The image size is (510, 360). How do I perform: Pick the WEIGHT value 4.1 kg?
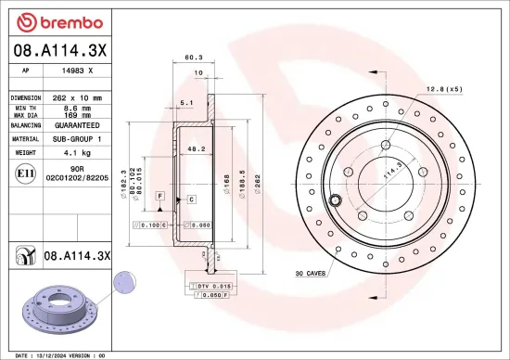coord(78,151)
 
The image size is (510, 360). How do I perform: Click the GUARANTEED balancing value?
coord(78,123)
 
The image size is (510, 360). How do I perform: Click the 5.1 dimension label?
coord(185,103)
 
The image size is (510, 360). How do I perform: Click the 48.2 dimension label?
coord(196,148)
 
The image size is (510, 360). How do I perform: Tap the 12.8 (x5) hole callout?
coord(444,89)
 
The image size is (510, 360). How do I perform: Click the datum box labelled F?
coord(160,198)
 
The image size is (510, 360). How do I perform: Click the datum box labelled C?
coord(191,199)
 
